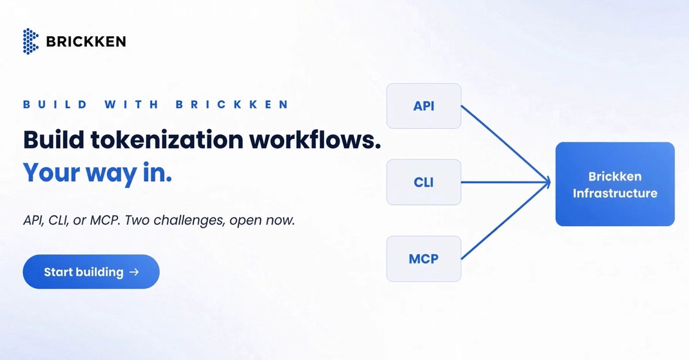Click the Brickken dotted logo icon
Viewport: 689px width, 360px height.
tap(31, 41)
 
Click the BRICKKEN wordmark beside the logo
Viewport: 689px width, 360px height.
tap(86, 42)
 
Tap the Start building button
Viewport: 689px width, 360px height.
tap(91, 272)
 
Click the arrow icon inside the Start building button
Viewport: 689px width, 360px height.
tap(134, 272)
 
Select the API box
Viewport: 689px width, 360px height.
tap(424, 106)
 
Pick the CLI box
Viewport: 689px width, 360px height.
tap(424, 182)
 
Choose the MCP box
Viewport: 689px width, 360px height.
tap(424, 259)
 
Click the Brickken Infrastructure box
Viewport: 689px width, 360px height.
tap(615, 184)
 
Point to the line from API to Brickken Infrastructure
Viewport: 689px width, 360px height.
tap(505, 144)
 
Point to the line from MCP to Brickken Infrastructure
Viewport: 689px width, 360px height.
tap(505, 221)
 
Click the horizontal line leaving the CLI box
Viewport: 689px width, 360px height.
tap(505, 183)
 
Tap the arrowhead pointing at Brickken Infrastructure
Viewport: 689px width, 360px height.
tap(548, 183)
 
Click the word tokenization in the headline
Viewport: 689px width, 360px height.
tap(167, 140)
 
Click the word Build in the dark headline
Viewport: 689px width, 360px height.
tap(53, 140)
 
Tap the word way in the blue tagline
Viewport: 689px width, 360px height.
tap(111, 173)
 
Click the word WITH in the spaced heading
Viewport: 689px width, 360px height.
tap(131, 104)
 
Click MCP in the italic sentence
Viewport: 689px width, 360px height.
tap(104, 220)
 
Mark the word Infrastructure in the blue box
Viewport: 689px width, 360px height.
tap(615, 193)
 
